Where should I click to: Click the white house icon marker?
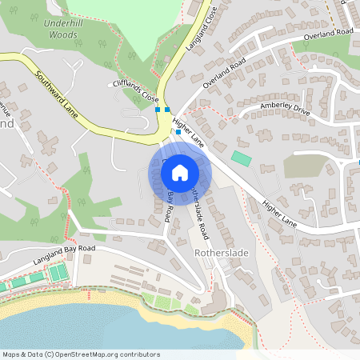(x=180, y=172)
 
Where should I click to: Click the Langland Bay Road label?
(x=63, y=255)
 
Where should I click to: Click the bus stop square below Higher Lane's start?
(x=178, y=131)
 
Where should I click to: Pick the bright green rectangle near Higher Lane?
(x=241, y=158)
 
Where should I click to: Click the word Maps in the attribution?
(x=11, y=354)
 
